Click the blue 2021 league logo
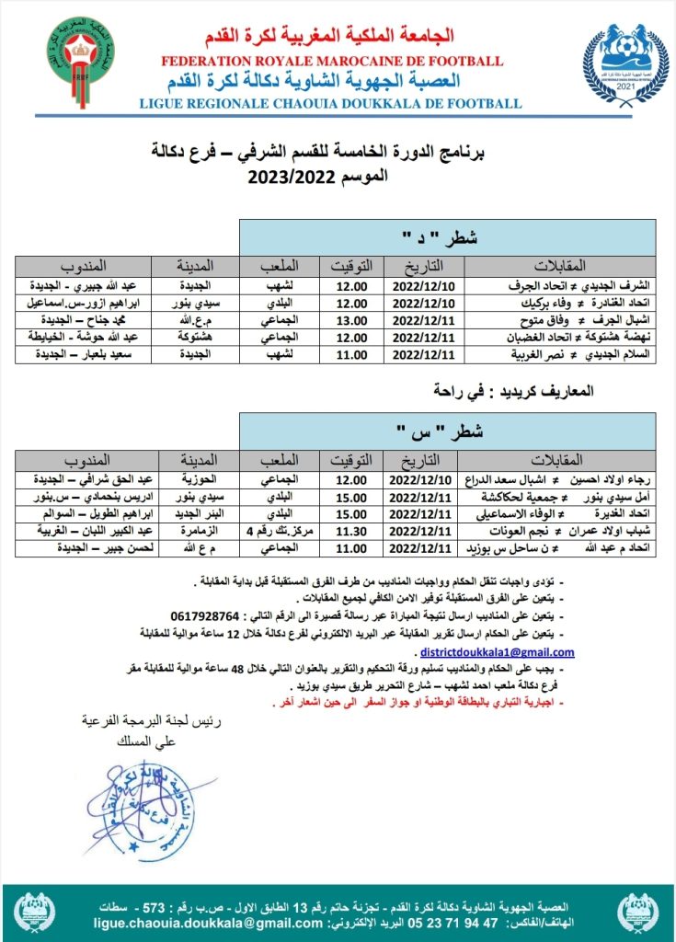(x=624, y=65)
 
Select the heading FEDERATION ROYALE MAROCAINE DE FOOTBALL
(x=332, y=61)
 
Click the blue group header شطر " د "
(x=448, y=237)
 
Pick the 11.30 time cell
(x=349, y=531)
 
